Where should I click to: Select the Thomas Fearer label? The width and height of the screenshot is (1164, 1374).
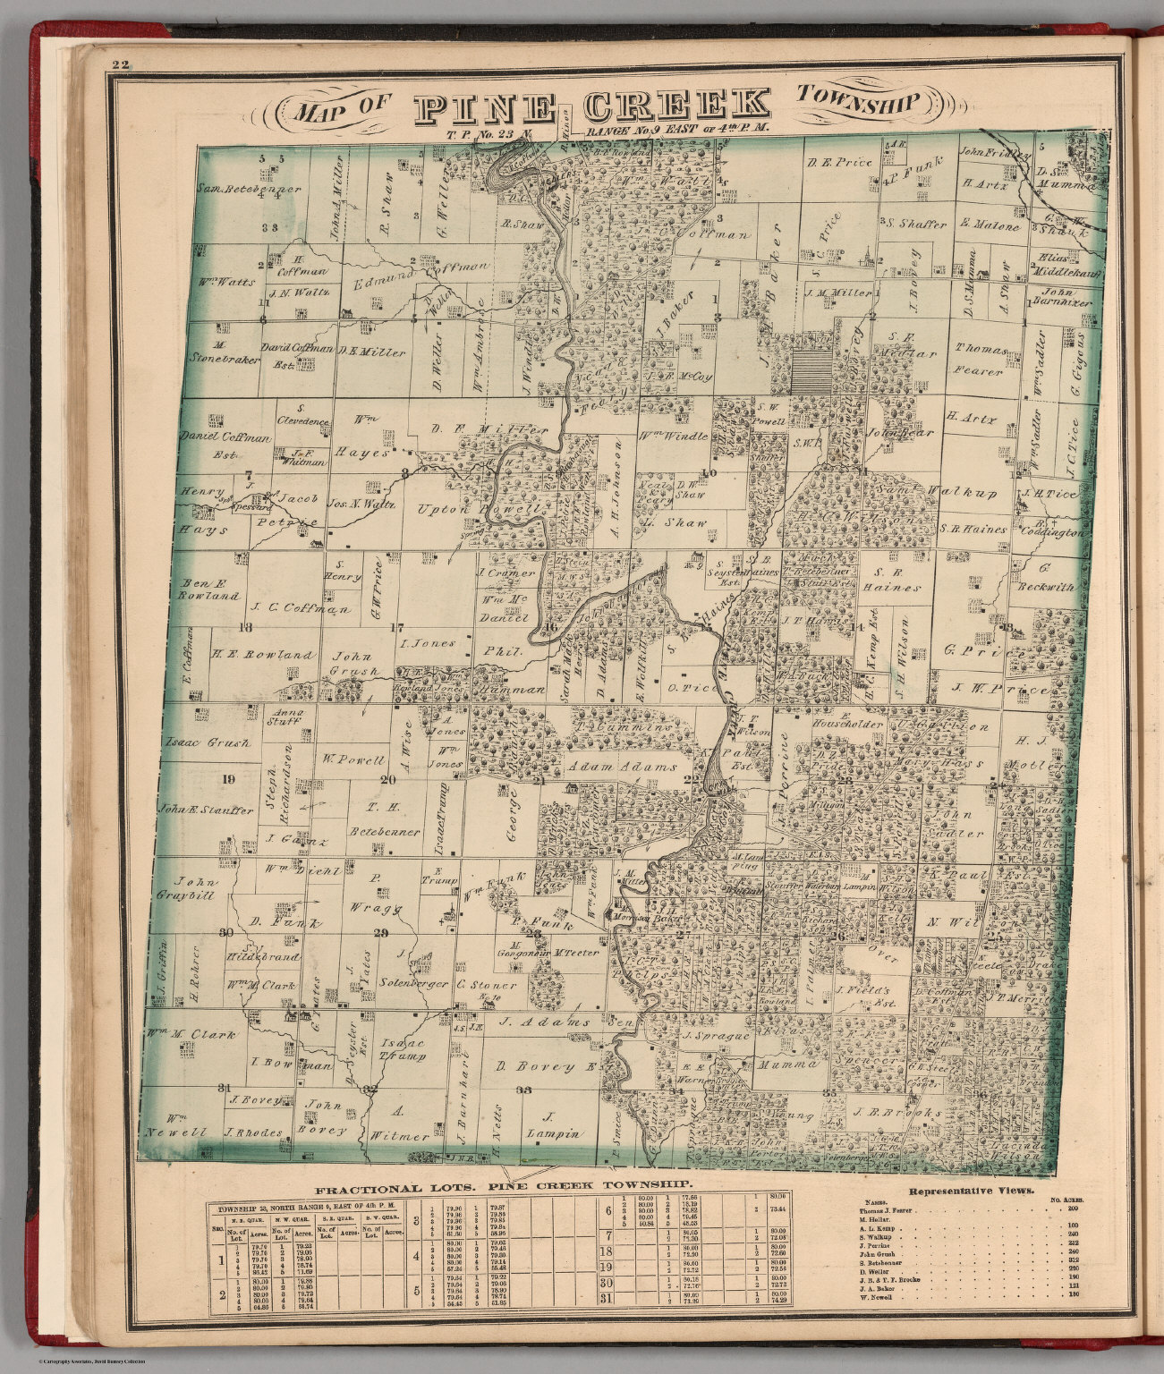tap(981, 359)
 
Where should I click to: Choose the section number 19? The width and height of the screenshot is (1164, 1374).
tap(228, 779)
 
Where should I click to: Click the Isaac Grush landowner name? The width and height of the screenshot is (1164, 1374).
tap(208, 742)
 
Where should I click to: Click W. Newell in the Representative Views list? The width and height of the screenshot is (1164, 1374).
tap(876, 1296)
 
